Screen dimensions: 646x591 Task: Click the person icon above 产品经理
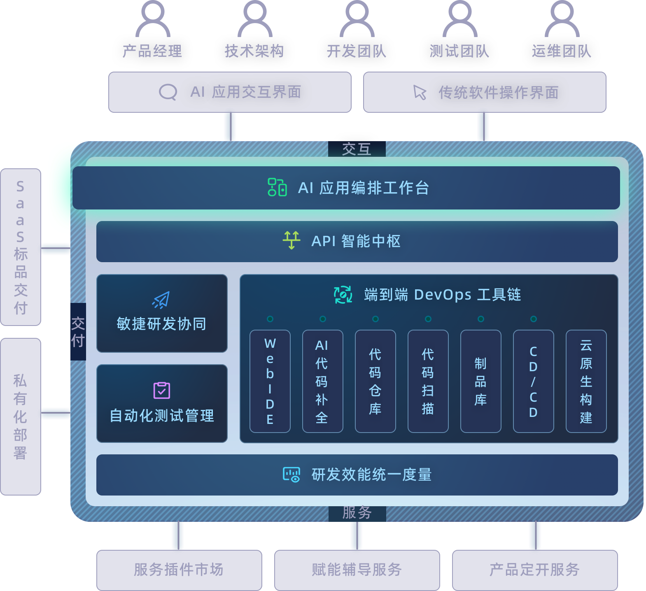(x=153, y=19)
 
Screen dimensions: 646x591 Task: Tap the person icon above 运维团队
(x=562, y=19)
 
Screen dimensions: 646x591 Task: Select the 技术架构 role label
(x=254, y=51)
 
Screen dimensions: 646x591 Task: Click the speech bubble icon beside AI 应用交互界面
(x=168, y=92)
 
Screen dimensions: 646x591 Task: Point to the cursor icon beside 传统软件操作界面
(x=420, y=92)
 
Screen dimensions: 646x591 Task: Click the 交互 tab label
(x=357, y=149)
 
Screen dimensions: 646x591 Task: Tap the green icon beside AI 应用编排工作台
(x=277, y=187)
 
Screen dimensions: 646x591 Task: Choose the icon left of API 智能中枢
(x=292, y=240)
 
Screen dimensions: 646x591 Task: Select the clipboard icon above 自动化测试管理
(x=162, y=390)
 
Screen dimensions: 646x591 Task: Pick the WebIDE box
(x=270, y=381)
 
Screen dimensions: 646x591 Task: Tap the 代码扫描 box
(x=428, y=381)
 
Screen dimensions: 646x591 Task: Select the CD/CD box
(x=534, y=381)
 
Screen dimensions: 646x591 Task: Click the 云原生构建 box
(x=586, y=381)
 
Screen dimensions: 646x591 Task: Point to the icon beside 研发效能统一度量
(x=292, y=475)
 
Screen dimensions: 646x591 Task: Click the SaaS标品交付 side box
(x=21, y=247)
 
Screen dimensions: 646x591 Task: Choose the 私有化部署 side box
(x=21, y=416)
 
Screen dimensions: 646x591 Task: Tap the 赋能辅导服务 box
(x=357, y=570)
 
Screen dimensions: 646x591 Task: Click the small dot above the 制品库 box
(x=481, y=319)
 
